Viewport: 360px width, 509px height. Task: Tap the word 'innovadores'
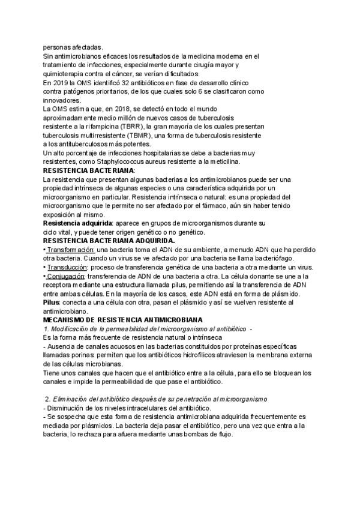coord(63,100)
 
